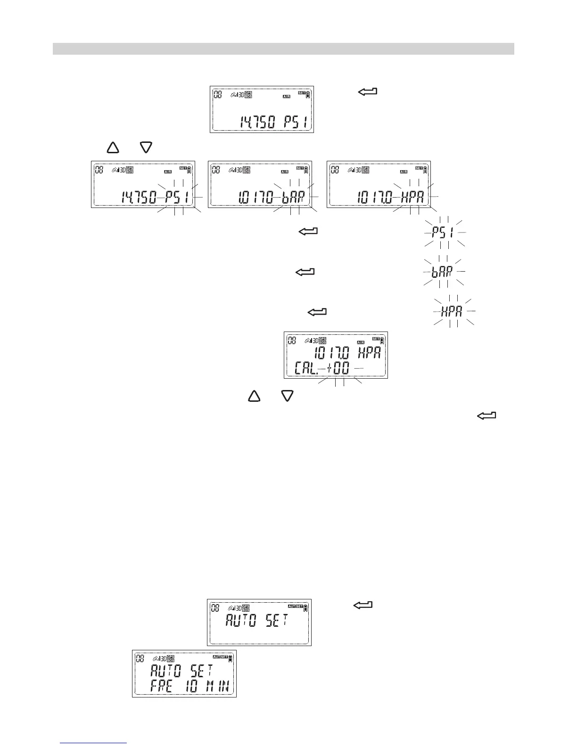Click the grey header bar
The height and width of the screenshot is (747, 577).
pos(283,49)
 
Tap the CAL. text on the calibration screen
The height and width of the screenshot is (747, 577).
pos(306,368)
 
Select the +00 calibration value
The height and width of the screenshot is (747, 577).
pos(338,368)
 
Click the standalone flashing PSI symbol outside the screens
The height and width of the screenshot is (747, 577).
pos(445,232)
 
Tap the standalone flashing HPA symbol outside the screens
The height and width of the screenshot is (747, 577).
pos(452,311)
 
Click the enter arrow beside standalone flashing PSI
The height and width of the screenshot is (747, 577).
pos(308,232)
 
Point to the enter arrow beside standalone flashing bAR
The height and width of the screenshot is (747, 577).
pos(305,272)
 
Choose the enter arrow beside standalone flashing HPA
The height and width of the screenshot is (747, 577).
pos(317,312)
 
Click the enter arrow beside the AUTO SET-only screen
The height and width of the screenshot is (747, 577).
pos(363,605)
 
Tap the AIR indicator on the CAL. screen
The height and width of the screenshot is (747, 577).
pos(361,342)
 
